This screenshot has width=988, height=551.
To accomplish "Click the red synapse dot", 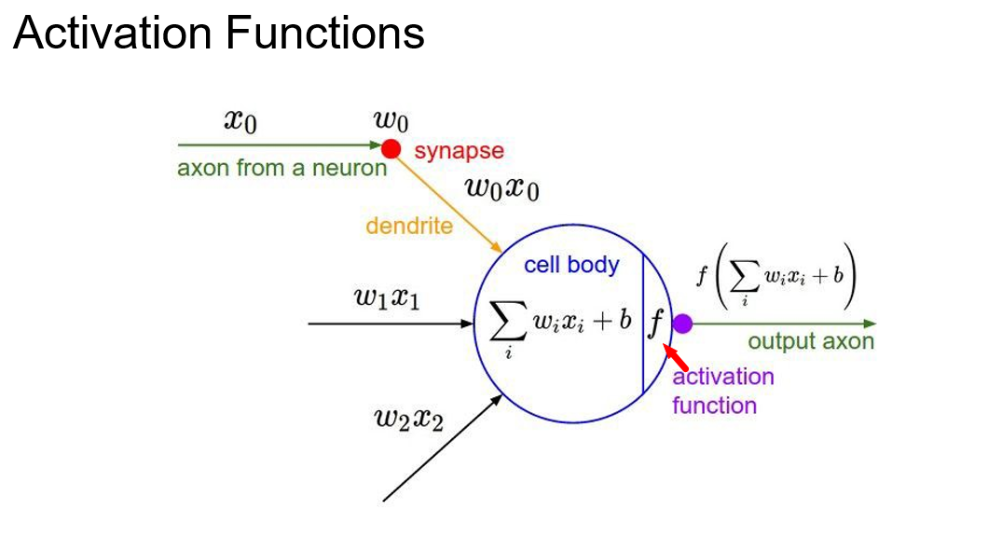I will (x=391, y=148).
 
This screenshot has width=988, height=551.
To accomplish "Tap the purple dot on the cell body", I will (x=682, y=324).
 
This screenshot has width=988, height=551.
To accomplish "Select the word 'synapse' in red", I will (x=459, y=151).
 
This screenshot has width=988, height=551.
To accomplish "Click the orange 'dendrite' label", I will (x=409, y=225).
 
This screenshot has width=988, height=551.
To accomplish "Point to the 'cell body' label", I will (x=570, y=265).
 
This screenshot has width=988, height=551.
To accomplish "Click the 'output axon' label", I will (x=811, y=341).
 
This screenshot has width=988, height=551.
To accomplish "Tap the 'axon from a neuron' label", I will (x=281, y=169).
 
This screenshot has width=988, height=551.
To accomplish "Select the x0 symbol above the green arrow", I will (x=240, y=119).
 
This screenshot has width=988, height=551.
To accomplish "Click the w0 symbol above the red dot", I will (x=391, y=119).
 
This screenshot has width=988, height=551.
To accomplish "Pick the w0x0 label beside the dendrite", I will (x=502, y=188).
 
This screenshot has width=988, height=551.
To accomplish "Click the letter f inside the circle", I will (x=656, y=324).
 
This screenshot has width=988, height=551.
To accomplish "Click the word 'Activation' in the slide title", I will (x=113, y=34).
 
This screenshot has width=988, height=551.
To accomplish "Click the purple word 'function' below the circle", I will (x=714, y=406).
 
